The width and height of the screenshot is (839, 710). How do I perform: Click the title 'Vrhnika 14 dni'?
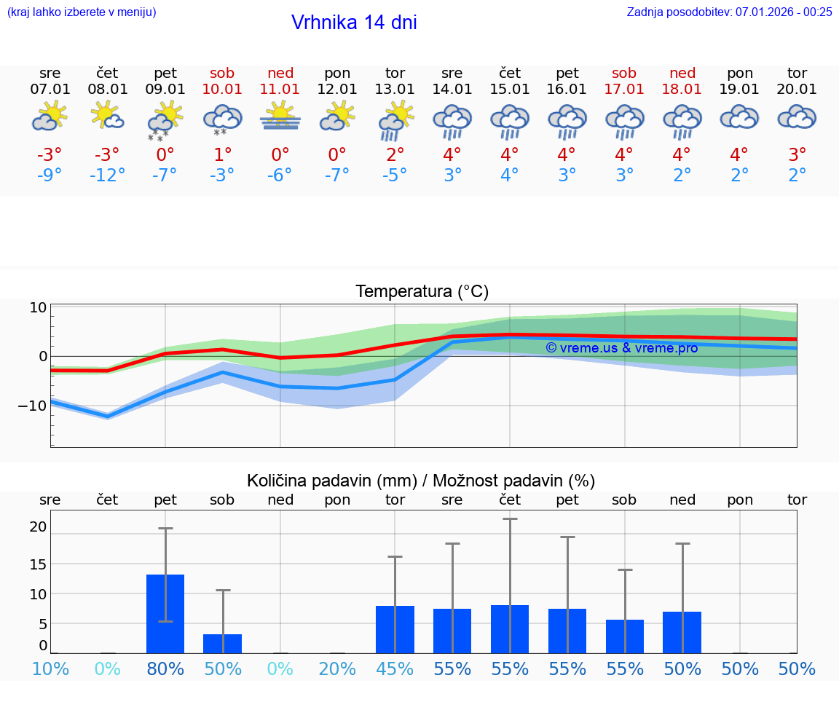pos(354,23)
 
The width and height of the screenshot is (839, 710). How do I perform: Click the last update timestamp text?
pos(729,12)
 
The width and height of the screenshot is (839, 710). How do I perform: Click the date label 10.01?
pos(222,90)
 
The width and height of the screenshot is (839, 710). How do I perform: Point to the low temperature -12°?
pos(107,175)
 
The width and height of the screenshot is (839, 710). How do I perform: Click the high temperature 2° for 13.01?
pos(395,155)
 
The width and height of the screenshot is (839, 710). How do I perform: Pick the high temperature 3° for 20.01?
pos(797,155)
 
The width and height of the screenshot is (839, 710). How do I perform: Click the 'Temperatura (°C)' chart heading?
pos(422,292)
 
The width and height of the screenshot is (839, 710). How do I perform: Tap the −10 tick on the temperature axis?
pos(33,406)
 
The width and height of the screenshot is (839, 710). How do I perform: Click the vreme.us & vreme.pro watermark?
pos(621,348)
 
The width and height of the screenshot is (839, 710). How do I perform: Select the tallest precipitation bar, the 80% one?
pos(165,614)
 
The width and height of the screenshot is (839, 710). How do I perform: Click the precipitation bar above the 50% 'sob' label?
pos(222,644)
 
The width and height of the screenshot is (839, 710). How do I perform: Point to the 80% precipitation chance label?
pos(165,669)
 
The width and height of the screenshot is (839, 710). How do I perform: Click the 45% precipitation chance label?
pos(395,669)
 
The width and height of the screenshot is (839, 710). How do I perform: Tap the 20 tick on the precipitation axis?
pos(38,527)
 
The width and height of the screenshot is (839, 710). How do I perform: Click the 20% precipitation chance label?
pos(337,669)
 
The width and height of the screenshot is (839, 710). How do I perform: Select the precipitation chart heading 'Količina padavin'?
pos(421,481)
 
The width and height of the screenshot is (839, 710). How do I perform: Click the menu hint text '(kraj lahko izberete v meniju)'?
pos(82,12)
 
